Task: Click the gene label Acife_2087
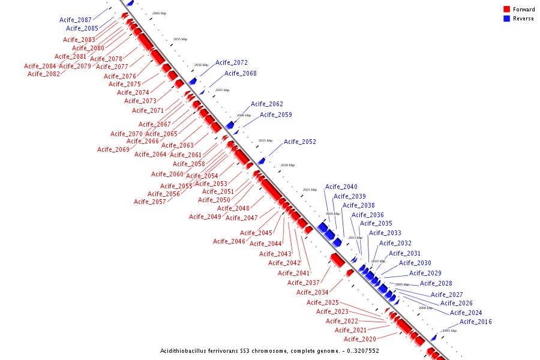click(76, 20)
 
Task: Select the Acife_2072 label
click(232, 62)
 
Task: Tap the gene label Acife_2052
click(300, 142)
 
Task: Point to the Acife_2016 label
click(476, 322)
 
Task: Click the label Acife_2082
click(44, 74)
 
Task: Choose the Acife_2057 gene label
click(150, 202)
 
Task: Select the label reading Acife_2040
click(341, 187)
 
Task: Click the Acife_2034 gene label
click(313, 292)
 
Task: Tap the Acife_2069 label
click(113, 149)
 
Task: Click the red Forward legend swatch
click(506, 10)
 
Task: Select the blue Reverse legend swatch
click(506, 19)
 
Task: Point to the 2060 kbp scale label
click(160, 13)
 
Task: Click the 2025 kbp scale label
click(310, 190)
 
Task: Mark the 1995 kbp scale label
click(449, 331)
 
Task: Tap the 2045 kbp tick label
click(222, 90)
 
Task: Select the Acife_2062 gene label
click(267, 104)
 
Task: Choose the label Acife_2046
click(229, 241)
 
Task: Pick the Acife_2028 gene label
click(436, 283)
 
